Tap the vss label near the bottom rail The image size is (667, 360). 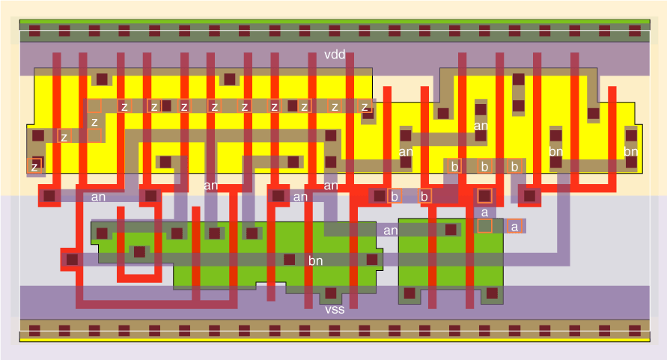coord(335,308)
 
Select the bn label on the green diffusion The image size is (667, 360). coord(316,261)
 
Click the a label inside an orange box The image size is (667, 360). coord(514,226)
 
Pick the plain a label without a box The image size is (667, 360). coord(484,212)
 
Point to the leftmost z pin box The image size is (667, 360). coord(34,166)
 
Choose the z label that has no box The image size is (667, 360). coord(94,121)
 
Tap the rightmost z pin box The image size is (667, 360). coord(365,106)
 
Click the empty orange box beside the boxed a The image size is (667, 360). coord(484,225)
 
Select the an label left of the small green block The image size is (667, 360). coord(390,231)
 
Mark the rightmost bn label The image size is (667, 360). coord(631,152)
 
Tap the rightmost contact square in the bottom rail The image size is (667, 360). coord(634,330)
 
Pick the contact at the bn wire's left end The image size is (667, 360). coord(72,260)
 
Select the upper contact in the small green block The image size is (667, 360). coord(451,230)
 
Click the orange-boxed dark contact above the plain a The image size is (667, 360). coord(484,196)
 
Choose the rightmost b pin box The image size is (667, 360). coord(515,166)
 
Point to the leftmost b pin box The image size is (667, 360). coord(395,196)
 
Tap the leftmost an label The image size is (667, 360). coord(98,198)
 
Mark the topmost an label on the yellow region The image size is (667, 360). coord(481,126)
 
